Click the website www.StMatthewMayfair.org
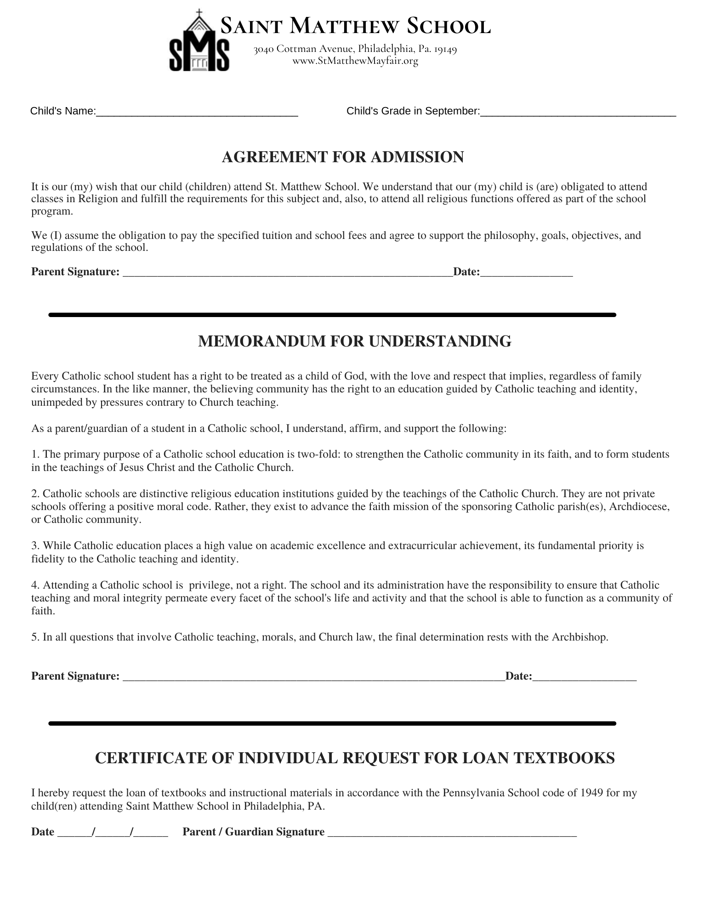(355, 61)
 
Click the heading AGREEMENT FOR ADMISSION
(343, 157)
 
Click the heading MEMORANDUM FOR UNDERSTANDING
(354, 341)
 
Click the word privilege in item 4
(212, 585)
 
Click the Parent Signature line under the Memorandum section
(314, 677)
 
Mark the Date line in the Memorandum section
(585, 677)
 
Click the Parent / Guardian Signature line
(452, 832)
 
